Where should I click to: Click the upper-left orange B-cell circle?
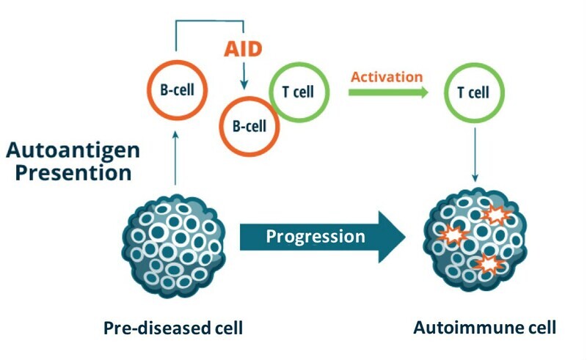point(175,92)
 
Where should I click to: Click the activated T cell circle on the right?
point(474,93)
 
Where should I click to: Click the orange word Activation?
point(387,77)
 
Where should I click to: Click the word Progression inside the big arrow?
point(315,236)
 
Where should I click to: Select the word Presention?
point(68,174)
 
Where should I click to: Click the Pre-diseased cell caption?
point(173,328)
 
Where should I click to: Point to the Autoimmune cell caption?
point(485,328)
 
